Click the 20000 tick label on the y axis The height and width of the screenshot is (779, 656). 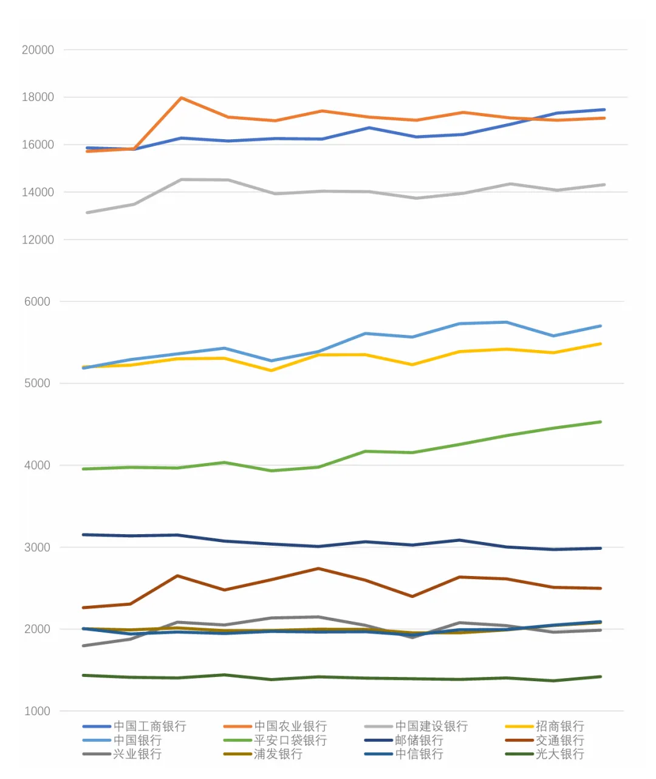tap(38, 50)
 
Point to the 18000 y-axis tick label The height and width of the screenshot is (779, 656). tap(38, 97)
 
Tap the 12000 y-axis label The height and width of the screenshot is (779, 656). tap(38, 240)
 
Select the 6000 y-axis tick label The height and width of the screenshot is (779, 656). tap(37, 301)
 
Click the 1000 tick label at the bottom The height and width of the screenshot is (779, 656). tap(37, 711)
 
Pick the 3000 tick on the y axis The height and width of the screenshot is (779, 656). tap(37, 547)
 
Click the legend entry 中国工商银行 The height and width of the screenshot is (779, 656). tap(149, 726)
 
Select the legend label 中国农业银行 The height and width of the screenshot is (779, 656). tap(290, 726)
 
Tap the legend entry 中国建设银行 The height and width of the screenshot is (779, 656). tap(431, 726)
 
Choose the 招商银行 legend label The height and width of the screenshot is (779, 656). tap(560, 726)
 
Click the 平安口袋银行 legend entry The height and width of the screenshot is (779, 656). tap(290, 740)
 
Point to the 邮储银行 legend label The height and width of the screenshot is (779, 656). tap(419, 740)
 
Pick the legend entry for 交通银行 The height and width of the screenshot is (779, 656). tap(560, 740)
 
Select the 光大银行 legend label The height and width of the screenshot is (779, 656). tap(560, 754)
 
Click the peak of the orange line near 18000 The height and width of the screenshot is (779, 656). tap(181, 98)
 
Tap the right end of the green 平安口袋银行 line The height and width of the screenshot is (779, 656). tap(600, 422)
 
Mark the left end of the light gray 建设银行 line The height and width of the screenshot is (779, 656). tap(87, 213)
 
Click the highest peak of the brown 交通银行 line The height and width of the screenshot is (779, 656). tap(318, 569)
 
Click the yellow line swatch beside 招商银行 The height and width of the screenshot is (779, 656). tap(519, 727)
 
